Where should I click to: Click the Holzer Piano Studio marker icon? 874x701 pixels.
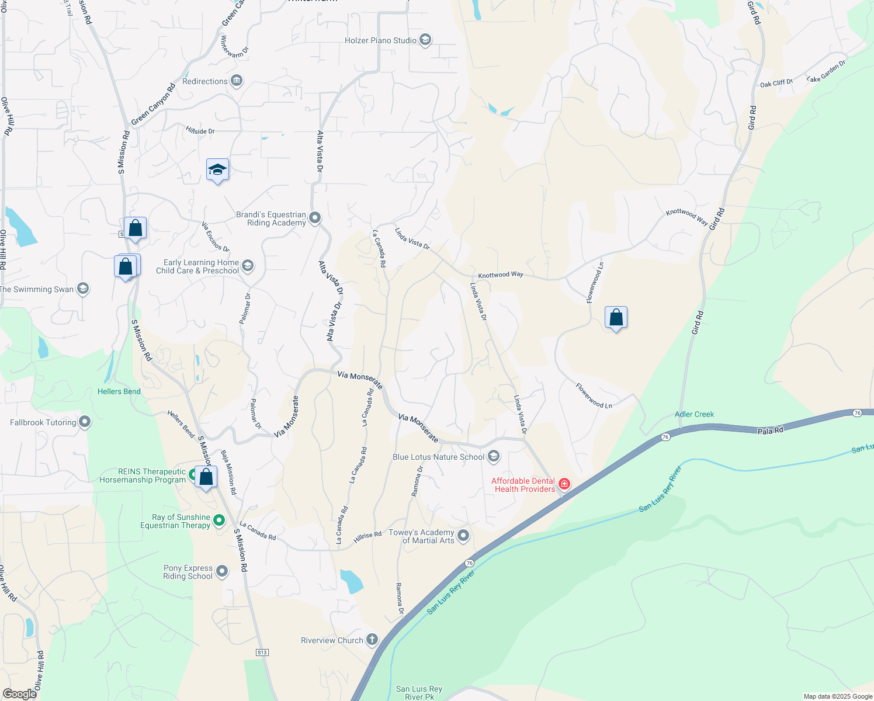(425, 40)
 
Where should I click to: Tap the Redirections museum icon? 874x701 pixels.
(237, 81)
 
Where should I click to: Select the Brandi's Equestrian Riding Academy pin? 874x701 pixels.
(315, 218)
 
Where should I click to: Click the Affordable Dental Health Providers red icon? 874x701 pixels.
(564, 484)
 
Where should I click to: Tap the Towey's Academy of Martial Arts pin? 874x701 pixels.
(463, 536)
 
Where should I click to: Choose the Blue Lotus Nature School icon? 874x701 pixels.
(494, 457)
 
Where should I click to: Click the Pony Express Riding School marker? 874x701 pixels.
(222, 571)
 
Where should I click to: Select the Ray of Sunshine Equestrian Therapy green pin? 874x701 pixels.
(219, 520)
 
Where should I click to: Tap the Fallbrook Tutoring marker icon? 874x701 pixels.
(85, 422)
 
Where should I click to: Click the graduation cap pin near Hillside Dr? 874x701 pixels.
(217, 170)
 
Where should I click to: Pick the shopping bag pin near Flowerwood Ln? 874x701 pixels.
(616, 318)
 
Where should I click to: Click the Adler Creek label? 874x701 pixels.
(694, 414)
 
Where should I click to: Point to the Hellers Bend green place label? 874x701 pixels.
(119, 391)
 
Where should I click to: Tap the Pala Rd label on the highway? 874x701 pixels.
(770, 431)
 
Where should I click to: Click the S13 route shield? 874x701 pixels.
(262, 652)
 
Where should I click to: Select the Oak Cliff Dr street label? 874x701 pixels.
(776, 84)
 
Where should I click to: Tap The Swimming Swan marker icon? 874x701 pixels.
(83, 289)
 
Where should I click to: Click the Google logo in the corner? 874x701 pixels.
(20, 694)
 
